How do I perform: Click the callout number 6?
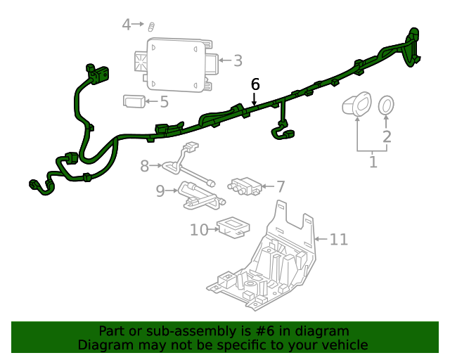point(255,84)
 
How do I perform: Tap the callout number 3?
point(238,61)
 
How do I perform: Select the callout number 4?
point(127,25)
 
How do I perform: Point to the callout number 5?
point(164,102)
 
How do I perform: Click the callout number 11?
point(338,240)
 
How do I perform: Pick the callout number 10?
point(199,229)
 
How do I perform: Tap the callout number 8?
point(145,167)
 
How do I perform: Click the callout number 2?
point(387,136)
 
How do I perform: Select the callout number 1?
point(373,162)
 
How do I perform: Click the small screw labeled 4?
point(150,27)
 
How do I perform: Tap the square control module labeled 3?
point(176,65)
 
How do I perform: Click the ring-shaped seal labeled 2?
point(386,106)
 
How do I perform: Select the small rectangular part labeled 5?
point(134,101)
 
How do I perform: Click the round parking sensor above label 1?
point(358,105)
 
